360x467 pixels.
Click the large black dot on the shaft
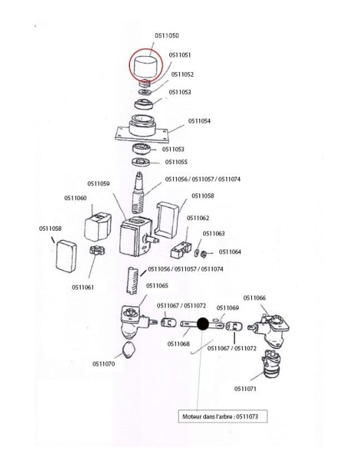coord(203,325)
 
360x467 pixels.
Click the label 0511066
coord(254,298)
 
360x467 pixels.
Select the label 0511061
coord(83,288)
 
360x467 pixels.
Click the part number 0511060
coord(75,197)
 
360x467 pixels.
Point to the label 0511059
coord(98,183)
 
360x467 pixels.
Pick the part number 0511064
coord(230,252)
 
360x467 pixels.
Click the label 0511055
coord(177,161)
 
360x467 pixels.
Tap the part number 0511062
coord(197,218)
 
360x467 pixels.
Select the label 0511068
coord(179,344)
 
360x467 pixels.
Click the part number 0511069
coord(227,308)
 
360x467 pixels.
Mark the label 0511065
coord(157,285)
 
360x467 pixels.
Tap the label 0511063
coord(214,233)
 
